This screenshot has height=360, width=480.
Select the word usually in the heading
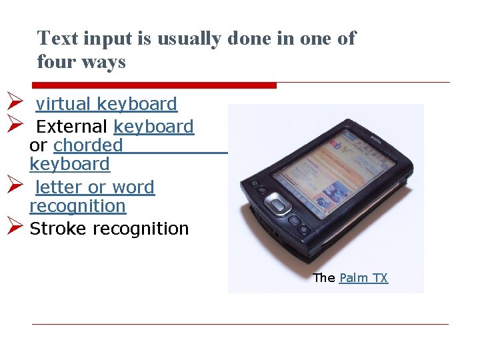click(x=189, y=39)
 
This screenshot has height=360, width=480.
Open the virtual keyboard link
click(x=106, y=104)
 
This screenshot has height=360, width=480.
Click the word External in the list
click(x=71, y=126)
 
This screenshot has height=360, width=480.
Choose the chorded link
click(x=88, y=145)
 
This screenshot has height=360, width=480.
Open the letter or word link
click(x=95, y=187)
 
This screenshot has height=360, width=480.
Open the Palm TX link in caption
click(x=363, y=278)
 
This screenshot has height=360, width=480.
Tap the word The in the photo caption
click(x=324, y=278)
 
